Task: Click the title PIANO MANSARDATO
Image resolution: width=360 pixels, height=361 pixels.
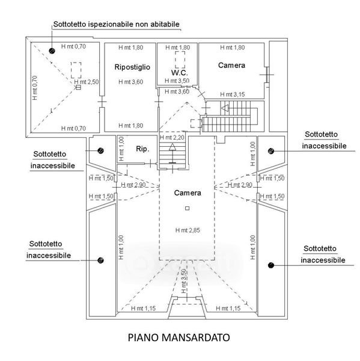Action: click(178, 338)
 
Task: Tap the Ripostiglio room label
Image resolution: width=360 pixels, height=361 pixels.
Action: click(132, 67)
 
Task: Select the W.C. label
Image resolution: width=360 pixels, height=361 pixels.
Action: click(180, 73)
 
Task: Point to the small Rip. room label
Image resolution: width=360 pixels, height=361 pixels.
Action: click(142, 149)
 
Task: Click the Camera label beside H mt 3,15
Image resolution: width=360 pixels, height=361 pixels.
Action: click(231, 66)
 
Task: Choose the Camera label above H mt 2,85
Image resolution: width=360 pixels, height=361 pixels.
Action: click(188, 193)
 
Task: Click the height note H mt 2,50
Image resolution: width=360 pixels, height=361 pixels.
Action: click(87, 82)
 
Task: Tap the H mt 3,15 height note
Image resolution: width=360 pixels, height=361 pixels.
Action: click(233, 94)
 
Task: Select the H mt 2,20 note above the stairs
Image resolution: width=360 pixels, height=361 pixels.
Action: click(172, 137)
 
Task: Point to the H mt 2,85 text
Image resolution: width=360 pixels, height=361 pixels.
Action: click(188, 230)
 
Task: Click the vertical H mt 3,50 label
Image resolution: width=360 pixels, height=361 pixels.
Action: click(183, 281)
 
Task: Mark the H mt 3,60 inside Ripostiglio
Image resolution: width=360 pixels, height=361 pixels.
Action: click(130, 82)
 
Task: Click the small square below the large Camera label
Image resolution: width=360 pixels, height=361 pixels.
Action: click(188, 208)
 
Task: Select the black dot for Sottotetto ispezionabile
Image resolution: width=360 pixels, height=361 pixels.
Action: click(52, 51)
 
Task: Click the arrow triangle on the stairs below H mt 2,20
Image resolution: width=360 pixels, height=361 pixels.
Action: click(172, 147)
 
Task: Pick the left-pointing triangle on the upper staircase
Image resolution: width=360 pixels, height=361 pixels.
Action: click(225, 108)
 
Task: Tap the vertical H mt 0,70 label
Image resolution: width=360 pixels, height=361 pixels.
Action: click(35, 88)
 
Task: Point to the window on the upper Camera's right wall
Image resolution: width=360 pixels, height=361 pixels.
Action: click(267, 75)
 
